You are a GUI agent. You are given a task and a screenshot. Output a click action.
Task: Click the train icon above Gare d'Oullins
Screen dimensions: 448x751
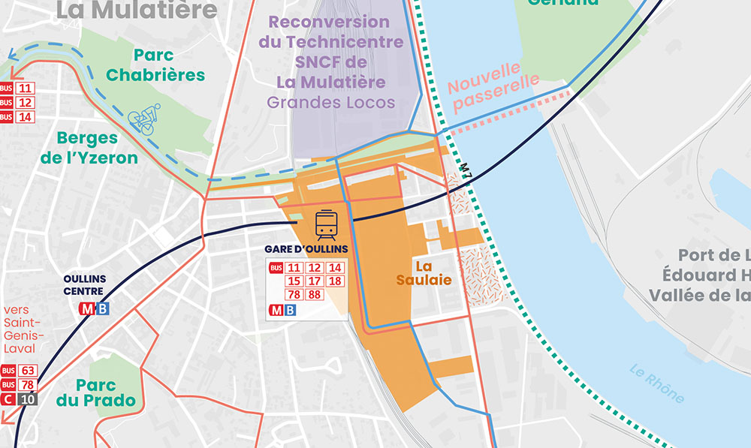326,224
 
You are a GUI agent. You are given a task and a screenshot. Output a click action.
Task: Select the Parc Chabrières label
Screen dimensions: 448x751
155,65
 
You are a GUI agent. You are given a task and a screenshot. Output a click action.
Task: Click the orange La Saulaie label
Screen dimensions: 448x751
424,272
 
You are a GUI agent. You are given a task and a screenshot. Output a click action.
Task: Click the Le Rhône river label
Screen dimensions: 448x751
657,383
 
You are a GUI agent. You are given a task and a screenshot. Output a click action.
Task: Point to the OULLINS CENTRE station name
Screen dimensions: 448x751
84,284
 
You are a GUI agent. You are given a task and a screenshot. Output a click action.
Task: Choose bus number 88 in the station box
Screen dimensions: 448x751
315,295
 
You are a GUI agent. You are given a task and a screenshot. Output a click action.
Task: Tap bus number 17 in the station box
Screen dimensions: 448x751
315,281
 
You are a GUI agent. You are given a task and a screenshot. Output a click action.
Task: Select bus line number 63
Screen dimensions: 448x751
28,371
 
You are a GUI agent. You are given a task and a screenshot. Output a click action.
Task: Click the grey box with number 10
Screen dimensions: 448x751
28,399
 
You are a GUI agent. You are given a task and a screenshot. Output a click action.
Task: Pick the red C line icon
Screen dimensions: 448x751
9,399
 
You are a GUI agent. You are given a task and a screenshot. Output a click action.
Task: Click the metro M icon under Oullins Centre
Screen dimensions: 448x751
88,308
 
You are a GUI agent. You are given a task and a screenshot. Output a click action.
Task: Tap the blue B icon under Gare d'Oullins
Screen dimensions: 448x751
290,309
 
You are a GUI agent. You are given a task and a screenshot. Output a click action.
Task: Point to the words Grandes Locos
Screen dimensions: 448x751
331,102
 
